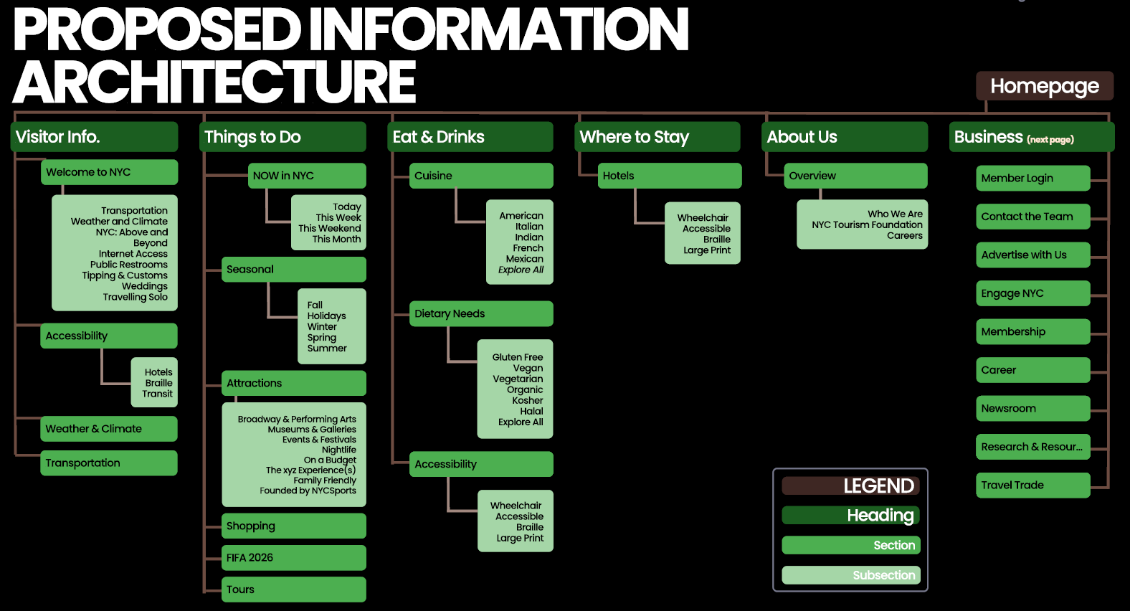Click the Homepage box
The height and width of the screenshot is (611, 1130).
1044,86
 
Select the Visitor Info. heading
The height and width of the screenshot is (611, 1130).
94,136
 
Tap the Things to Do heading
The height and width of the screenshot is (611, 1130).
282,136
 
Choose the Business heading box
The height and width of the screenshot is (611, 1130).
1032,136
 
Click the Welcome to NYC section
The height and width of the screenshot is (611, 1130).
109,172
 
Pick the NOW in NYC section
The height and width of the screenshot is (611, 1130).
307,176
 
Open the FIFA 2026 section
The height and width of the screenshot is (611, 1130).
293,557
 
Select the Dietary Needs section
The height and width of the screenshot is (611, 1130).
480,313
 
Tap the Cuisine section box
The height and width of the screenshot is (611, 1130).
480,176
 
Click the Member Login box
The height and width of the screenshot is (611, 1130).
1032,178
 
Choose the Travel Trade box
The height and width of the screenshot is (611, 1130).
1032,485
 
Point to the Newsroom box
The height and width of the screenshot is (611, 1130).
1032,408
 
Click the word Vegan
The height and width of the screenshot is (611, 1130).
528,368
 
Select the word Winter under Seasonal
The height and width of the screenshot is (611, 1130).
322,326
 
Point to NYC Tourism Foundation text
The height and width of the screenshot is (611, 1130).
866,224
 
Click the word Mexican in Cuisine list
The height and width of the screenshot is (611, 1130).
524,259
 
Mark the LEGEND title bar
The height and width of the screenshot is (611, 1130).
850,486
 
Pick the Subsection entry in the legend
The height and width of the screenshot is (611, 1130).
850,575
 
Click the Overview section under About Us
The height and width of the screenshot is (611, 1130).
855,176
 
